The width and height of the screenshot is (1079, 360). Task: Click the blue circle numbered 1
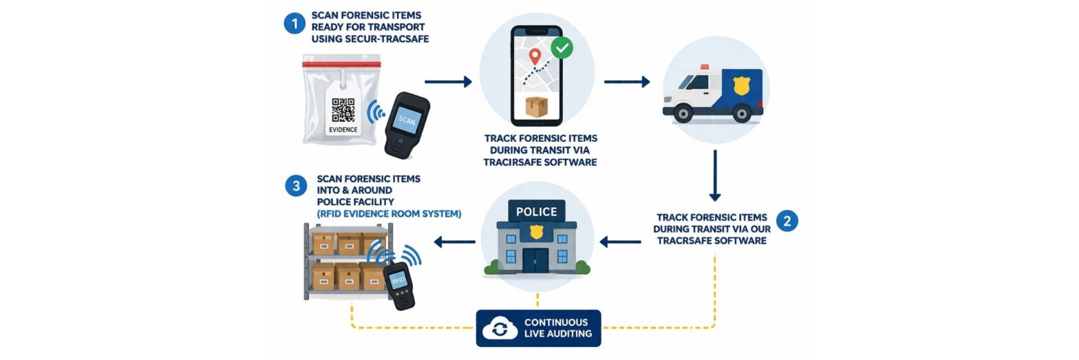click(295, 23)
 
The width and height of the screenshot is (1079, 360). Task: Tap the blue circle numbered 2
click(787, 221)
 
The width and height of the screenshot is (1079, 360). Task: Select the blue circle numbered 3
click(296, 186)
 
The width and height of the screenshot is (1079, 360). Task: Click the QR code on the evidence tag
click(343, 110)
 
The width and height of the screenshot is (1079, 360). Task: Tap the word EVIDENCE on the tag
click(343, 129)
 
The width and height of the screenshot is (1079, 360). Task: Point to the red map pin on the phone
click(535, 56)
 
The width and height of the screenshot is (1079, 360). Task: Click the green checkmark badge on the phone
click(562, 47)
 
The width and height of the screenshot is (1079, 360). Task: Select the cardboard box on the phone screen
click(536, 107)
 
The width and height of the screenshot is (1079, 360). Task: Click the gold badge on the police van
click(741, 85)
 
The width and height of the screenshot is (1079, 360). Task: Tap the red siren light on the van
click(705, 67)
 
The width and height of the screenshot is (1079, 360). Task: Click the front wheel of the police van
click(683, 114)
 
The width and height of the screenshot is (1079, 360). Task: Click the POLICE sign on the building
click(537, 211)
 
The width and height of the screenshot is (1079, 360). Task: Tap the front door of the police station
click(536, 261)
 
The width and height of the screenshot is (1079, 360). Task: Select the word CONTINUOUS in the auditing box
click(556, 322)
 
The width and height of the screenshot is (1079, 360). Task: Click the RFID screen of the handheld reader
click(398, 280)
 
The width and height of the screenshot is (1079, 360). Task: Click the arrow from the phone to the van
click(627, 82)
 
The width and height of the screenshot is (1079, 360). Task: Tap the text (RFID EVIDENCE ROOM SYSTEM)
click(389, 213)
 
